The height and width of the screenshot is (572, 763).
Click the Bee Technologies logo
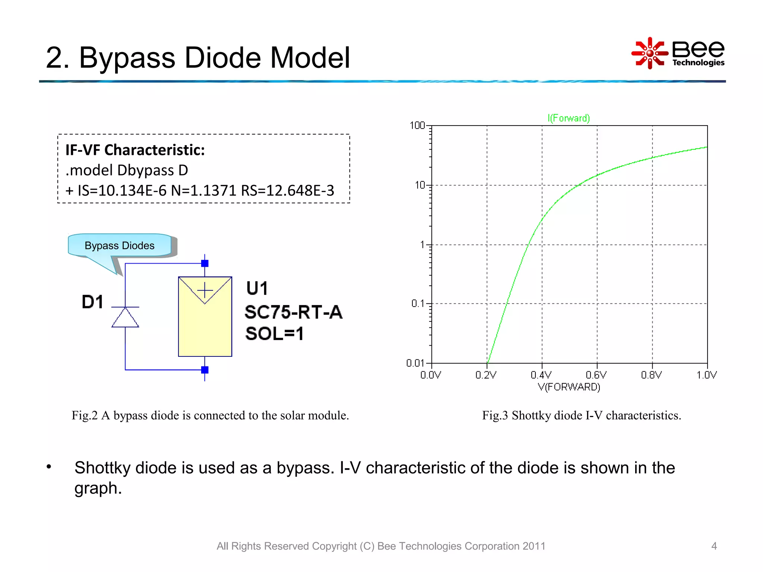tap(678, 53)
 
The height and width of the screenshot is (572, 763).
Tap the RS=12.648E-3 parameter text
tap(287, 191)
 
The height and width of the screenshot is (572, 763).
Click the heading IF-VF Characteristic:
tap(135, 150)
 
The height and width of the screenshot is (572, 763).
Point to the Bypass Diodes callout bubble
tap(120, 245)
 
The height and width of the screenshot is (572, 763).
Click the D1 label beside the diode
tap(92, 302)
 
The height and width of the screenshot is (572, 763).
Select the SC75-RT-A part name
tap(293, 312)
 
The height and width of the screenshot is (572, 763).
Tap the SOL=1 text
tap(274, 333)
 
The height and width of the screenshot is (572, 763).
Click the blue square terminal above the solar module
tap(205, 264)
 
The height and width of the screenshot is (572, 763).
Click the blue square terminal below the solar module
tap(205, 370)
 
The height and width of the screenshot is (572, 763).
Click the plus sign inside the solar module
tap(205, 290)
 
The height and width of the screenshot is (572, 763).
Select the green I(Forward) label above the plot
tap(569, 118)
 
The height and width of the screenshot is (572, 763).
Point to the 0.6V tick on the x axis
tap(596, 375)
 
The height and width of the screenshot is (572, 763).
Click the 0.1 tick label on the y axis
tap(418, 304)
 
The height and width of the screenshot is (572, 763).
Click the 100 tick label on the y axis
tap(417, 125)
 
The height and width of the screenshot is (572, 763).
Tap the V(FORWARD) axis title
tap(569, 387)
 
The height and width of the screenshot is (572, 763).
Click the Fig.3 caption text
tap(581, 415)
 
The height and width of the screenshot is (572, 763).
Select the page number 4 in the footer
tap(714, 546)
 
